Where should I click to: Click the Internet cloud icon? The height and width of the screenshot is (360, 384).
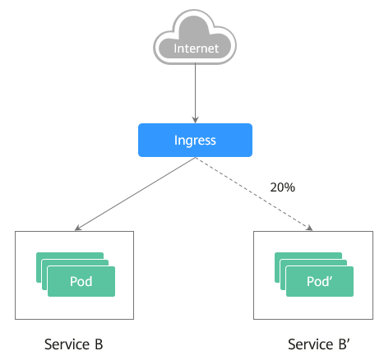(195, 37)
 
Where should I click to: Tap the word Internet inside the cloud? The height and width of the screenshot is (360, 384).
(197, 48)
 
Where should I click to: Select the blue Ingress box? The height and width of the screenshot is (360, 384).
(195, 140)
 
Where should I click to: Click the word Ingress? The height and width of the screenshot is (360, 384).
(195, 141)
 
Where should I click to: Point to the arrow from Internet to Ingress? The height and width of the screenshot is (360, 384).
(195, 93)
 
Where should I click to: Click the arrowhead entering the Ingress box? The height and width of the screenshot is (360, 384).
(195, 120)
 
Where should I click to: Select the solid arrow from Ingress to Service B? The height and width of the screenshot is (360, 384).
(135, 194)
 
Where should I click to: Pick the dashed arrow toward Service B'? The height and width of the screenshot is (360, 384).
(254, 194)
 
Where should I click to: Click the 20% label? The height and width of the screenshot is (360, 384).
(283, 187)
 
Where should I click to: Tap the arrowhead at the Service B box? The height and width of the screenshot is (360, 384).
(78, 228)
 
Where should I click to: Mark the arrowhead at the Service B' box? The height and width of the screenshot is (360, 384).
(310, 228)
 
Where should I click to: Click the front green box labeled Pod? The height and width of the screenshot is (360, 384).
(81, 281)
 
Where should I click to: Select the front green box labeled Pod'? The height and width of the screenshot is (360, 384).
(320, 281)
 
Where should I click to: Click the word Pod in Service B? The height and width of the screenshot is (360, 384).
(81, 281)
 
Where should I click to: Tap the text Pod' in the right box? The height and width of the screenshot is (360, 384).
(320, 281)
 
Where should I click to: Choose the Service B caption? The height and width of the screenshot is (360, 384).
(74, 344)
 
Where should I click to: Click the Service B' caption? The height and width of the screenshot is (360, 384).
(319, 344)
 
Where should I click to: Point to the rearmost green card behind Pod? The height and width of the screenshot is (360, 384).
(70, 256)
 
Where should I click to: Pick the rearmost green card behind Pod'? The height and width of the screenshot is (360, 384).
(308, 256)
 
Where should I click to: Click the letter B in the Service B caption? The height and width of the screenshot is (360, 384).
(99, 344)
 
